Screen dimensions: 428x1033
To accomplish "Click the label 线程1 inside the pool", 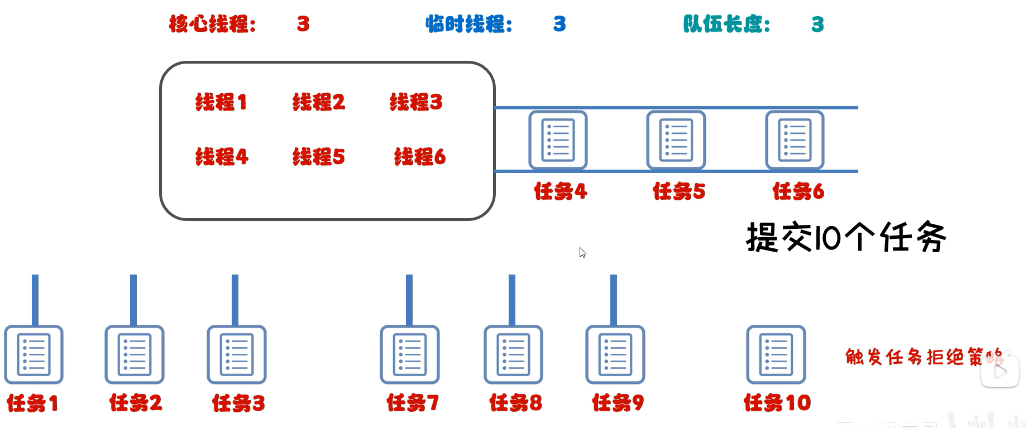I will tap(221, 102).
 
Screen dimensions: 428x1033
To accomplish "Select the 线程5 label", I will tap(319, 157).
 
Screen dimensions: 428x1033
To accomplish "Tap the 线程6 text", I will tap(420, 157).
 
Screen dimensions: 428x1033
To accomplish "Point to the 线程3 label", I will tap(416, 102).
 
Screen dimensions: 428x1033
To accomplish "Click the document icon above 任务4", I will tap(558, 140).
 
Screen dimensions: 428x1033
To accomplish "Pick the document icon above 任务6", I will tap(795, 140).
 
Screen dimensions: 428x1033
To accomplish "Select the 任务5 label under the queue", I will tap(679, 191).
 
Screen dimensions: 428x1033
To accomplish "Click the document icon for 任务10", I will tap(776, 354).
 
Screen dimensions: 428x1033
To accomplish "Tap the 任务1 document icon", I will tap(34, 354).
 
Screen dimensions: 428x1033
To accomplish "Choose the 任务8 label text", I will tap(515, 402).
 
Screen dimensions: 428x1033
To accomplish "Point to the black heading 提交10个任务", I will tap(846, 237).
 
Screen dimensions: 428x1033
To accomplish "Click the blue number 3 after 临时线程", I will tap(559, 24).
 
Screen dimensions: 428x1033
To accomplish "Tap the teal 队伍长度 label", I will tap(726, 24).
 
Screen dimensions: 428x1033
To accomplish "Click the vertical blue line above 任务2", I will tap(133, 300).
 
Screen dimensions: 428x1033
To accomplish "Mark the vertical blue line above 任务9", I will tap(614, 300).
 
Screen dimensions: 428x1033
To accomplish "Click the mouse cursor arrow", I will tap(582, 252).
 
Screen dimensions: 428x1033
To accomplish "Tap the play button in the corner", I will tap(1000, 371).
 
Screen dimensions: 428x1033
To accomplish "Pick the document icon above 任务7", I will tap(410, 354).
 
